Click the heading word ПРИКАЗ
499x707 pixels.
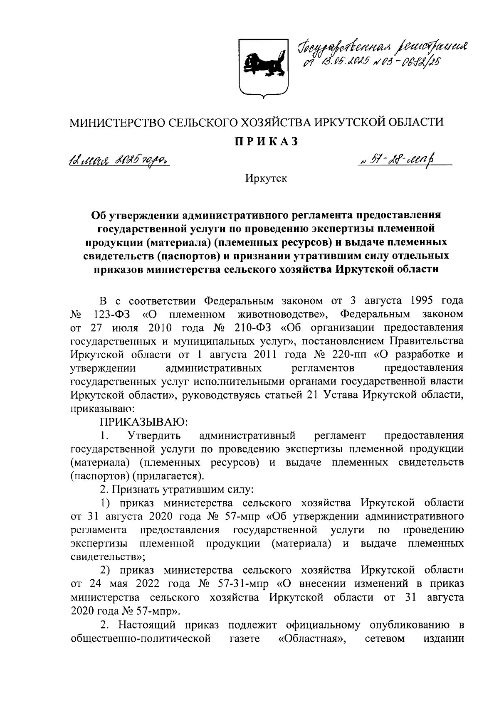(266, 141)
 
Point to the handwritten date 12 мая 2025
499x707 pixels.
(119, 159)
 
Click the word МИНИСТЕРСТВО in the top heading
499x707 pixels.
(118, 122)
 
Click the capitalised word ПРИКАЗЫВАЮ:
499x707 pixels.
(143, 422)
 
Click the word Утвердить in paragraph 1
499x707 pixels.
(154, 436)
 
